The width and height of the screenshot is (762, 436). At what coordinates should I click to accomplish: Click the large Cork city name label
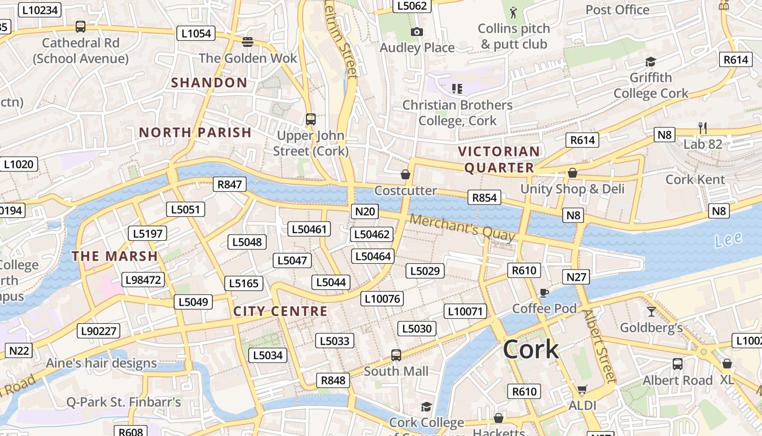click(531, 349)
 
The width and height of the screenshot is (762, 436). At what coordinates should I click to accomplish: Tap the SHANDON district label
click(210, 83)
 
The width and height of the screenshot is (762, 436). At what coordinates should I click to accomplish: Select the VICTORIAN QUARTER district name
click(499, 159)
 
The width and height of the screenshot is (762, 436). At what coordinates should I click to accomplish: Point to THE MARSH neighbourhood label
click(115, 256)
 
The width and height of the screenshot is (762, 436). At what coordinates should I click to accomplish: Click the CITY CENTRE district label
click(280, 311)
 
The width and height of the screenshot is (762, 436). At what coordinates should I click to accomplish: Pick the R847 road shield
click(229, 184)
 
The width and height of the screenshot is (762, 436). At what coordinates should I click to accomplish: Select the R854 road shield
click(484, 197)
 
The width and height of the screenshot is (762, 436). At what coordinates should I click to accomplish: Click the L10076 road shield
click(382, 298)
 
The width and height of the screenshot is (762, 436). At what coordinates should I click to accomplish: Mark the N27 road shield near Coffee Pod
click(576, 277)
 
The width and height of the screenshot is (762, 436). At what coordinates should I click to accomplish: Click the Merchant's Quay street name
click(462, 228)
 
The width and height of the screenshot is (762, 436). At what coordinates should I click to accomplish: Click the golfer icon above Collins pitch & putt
click(513, 11)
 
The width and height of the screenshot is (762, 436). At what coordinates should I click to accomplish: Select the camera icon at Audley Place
click(417, 32)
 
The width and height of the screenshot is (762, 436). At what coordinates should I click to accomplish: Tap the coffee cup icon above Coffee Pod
click(543, 293)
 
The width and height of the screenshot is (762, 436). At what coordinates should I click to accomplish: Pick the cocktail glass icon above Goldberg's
click(652, 312)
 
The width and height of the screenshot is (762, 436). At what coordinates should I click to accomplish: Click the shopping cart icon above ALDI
click(582, 389)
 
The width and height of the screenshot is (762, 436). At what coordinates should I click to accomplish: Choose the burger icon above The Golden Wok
click(248, 42)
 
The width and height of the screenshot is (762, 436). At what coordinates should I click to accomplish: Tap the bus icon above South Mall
click(396, 355)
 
